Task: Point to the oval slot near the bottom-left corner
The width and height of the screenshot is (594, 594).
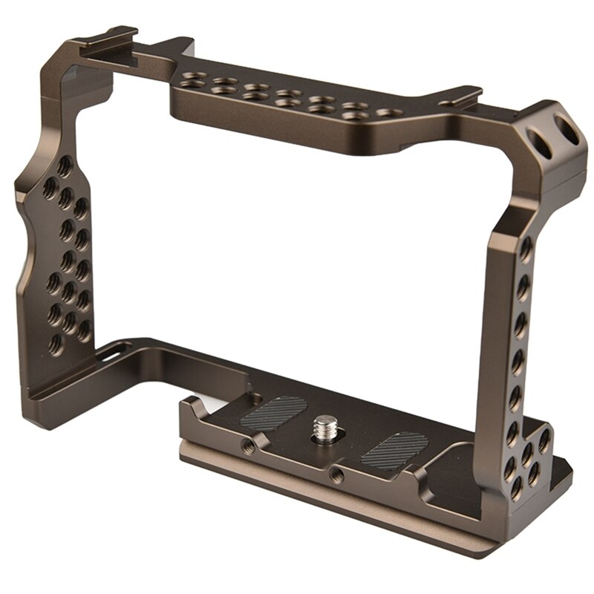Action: coord(113,356)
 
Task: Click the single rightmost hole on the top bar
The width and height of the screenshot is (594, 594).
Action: coord(385,113)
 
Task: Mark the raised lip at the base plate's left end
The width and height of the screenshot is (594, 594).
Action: coord(191,408)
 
